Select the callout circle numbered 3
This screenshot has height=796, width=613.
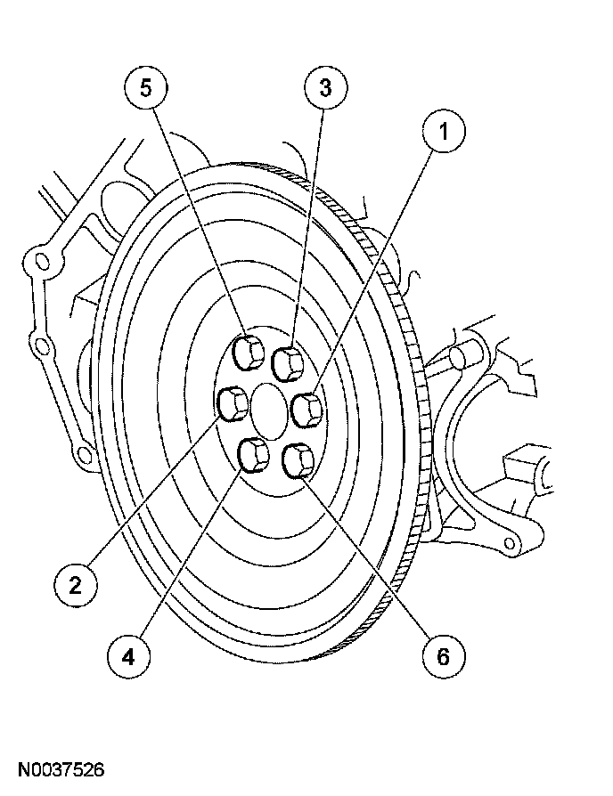(x=325, y=87)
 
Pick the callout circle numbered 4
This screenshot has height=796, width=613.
(x=128, y=656)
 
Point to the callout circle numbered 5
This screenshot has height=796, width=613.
(x=147, y=87)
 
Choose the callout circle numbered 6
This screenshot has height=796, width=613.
(x=442, y=656)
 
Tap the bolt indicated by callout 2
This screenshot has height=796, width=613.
(x=233, y=403)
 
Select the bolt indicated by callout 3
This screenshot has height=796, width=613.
(x=288, y=362)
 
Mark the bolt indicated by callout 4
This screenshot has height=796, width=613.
(x=254, y=455)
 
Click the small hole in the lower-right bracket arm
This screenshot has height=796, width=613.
(x=511, y=540)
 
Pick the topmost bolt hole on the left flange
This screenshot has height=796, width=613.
(x=37, y=262)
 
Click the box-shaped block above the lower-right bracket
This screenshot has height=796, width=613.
(x=528, y=471)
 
